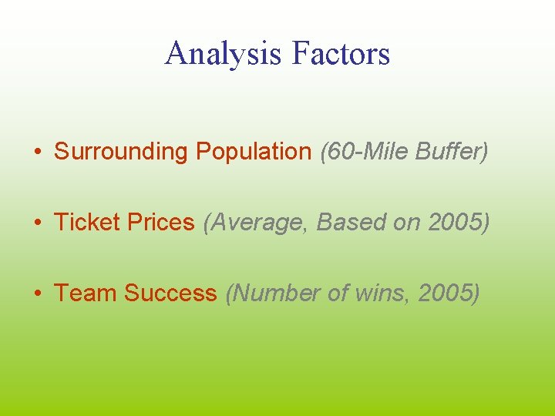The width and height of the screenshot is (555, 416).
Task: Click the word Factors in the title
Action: point(341,54)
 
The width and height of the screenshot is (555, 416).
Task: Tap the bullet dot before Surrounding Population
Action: point(39,153)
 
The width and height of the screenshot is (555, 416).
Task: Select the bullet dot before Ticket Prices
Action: point(39,223)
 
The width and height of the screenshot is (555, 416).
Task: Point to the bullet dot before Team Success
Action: point(39,294)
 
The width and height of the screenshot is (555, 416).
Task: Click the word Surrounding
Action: point(121,152)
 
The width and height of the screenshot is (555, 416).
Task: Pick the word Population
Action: point(253,152)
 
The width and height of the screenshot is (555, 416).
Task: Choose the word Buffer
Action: point(450,152)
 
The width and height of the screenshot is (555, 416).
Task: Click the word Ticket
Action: point(85,223)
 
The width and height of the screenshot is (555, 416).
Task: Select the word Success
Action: point(170,294)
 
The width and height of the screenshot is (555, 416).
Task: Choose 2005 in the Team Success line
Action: point(446,294)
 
